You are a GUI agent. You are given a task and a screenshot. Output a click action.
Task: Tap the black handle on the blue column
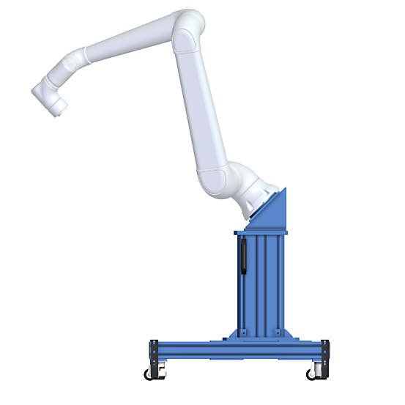coord(243,256)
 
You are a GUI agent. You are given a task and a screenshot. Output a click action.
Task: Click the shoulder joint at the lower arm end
coord(218,180)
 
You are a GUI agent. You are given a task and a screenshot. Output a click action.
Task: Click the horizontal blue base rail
coord(238,349)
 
